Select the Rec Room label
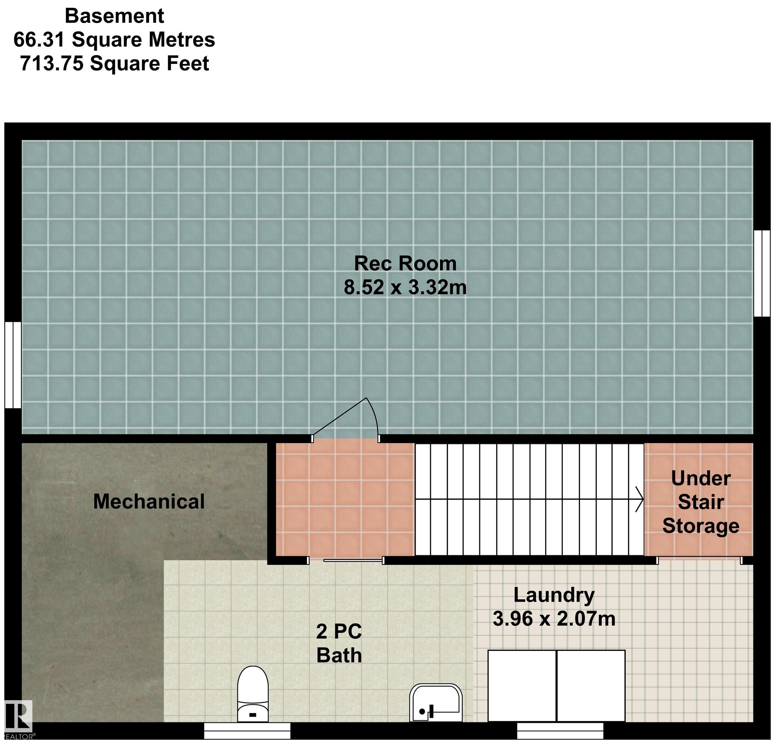[405, 263]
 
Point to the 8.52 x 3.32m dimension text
[405, 287]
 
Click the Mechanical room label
[149, 501]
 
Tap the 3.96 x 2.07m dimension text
[554, 619]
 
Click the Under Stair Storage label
[701, 502]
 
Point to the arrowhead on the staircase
[640, 500]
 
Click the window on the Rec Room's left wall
[13, 365]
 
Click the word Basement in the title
[114, 16]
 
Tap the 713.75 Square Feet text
[114, 64]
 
